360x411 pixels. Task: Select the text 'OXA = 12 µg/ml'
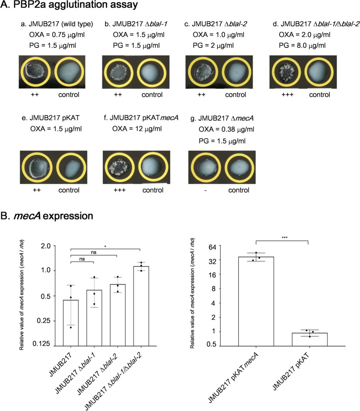(135, 130)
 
